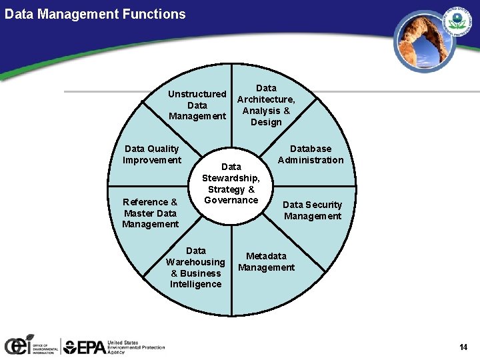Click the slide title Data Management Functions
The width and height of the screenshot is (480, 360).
click(95, 13)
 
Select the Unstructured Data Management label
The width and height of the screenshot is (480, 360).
click(197, 105)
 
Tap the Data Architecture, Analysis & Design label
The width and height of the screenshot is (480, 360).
click(266, 105)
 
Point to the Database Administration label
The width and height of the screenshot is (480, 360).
click(311, 154)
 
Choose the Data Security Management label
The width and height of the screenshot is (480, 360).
click(313, 210)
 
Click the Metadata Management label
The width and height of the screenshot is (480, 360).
click(266, 261)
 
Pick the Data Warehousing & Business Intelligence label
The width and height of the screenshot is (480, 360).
click(196, 267)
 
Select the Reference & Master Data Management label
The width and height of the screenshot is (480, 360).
click(150, 213)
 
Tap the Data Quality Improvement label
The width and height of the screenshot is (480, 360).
click(152, 154)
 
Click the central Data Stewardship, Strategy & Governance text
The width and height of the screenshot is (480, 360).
click(231, 183)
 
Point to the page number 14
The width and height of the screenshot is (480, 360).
click(463, 347)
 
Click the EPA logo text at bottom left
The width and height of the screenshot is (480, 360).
click(84, 346)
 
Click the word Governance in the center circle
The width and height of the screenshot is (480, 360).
click(231, 200)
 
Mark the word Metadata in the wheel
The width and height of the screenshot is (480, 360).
click(266, 256)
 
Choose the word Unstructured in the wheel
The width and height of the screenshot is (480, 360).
click(197, 94)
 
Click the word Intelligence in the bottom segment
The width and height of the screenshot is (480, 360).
click(196, 284)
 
